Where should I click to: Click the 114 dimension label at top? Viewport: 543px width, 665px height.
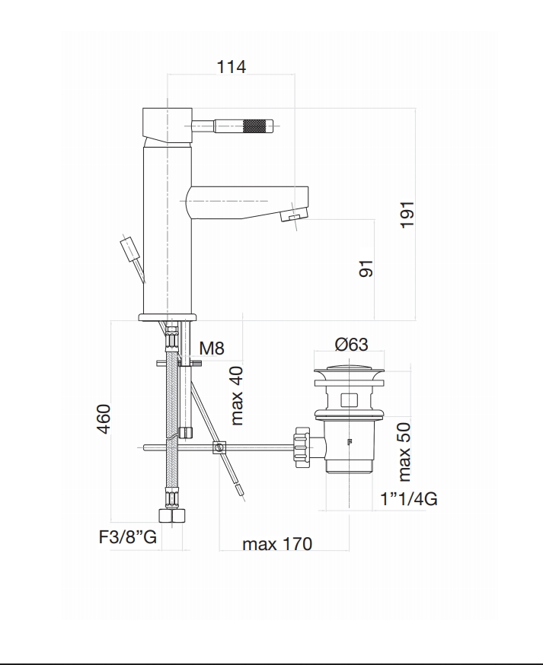point(232,67)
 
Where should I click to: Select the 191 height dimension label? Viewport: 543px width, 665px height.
point(407,215)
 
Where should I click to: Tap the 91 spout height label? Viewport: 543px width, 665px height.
point(366,269)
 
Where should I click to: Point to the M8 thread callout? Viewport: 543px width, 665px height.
point(212,348)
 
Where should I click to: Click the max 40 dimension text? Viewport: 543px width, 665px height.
point(237,396)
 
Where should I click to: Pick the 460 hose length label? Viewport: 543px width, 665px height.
point(104,419)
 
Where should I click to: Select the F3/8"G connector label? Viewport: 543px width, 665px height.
point(128,537)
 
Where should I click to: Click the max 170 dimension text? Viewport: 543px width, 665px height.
point(277,544)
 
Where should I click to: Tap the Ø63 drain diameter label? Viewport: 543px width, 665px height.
point(352,344)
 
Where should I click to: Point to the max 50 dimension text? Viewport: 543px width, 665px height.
point(404,452)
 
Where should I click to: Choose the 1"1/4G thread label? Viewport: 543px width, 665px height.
point(408,498)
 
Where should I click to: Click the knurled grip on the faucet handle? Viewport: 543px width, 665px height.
point(256,126)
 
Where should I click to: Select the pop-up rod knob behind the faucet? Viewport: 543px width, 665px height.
point(130,248)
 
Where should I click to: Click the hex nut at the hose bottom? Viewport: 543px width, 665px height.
point(172,515)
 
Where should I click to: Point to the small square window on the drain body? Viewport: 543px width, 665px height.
point(349,400)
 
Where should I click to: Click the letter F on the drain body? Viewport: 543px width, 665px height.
point(350,442)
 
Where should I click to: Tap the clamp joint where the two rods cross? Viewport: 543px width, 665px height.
point(219,448)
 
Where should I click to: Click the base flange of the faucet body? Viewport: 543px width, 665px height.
point(168,317)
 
